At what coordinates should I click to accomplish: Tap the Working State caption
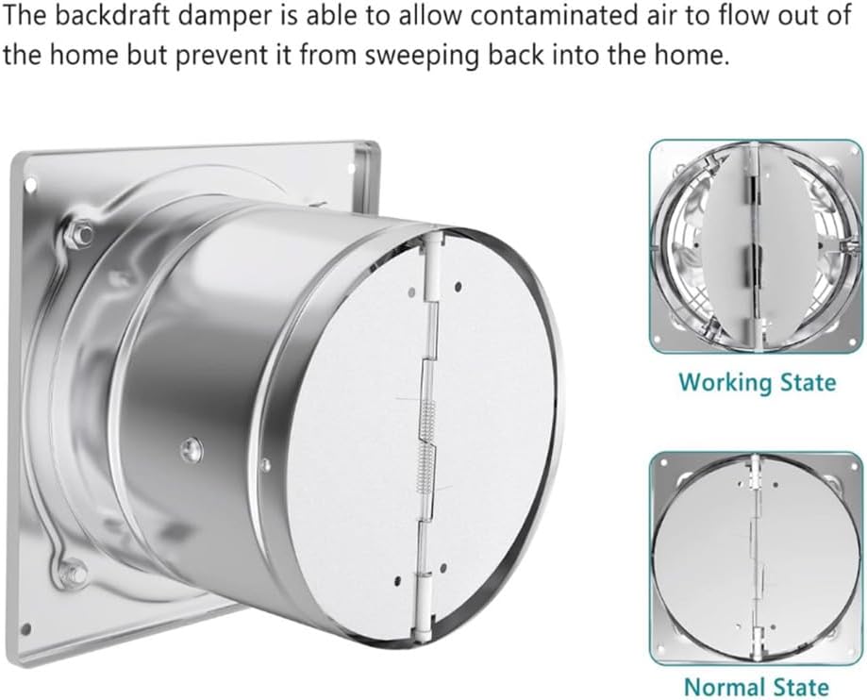point(758,382)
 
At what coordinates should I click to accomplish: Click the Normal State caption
point(757,686)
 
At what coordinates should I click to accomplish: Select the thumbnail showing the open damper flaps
point(757,248)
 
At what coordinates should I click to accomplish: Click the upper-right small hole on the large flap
point(458,286)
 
